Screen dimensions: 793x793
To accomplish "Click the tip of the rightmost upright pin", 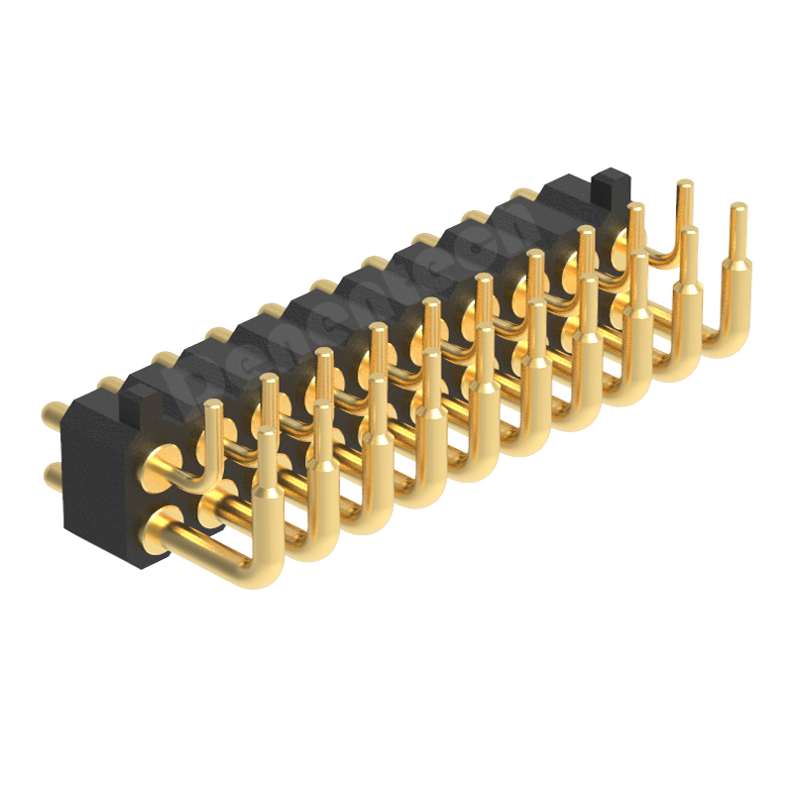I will (737, 208).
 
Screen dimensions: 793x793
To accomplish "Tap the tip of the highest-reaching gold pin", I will (684, 185).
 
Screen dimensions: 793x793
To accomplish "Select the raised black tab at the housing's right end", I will (609, 183).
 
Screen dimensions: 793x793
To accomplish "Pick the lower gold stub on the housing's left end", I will (53, 478).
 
